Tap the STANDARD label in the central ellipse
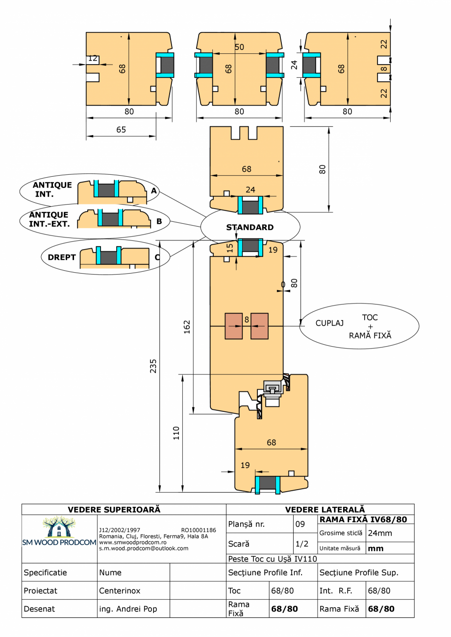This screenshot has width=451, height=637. (250, 228)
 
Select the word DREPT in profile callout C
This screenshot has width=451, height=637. (61, 257)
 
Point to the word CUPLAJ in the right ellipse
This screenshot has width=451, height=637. (329, 324)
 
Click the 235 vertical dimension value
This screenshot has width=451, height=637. (153, 366)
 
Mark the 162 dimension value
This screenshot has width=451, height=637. (187, 328)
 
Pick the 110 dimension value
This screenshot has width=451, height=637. (176, 433)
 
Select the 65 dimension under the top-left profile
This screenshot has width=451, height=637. (121, 130)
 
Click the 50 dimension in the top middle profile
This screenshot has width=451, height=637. (239, 47)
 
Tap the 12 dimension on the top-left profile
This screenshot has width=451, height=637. (92, 59)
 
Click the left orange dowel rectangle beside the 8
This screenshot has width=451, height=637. (233, 326)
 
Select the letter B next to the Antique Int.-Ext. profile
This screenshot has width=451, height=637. (159, 221)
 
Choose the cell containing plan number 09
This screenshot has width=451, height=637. (300, 524)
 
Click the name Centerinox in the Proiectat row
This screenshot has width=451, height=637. (120, 591)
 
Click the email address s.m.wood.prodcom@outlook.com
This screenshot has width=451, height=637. (143, 548)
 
